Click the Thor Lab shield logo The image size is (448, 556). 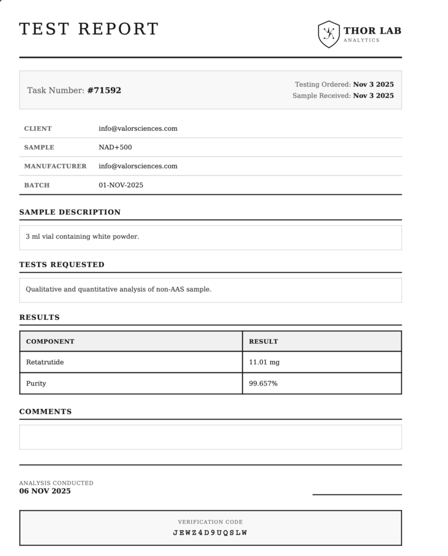pyautogui.click(x=328, y=34)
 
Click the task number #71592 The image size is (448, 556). pyautogui.click(x=104, y=91)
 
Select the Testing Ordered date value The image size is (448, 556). pyautogui.click(x=374, y=85)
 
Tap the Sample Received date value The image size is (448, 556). pyautogui.click(x=374, y=96)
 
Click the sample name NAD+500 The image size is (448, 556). pyautogui.click(x=115, y=147)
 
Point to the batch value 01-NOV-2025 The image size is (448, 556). pyautogui.click(x=121, y=185)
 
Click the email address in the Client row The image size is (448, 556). pyautogui.click(x=138, y=129)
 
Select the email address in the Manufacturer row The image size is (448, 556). pyautogui.click(x=138, y=166)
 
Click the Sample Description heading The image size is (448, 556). pyautogui.click(x=70, y=212)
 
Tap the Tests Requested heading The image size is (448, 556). pyautogui.click(x=61, y=265)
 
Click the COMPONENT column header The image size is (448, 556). pyautogui.click(x=50, y=342)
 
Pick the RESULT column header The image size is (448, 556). pyautogui.click(x=263, y=342)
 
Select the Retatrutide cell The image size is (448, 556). pyautogui.click(x=45, y=362)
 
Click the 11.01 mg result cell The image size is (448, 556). pyautogui.click(x=264, y=362)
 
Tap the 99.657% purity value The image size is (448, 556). pyautogui.click(x=263, y=383)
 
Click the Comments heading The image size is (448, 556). pyautogui.click(x=45, y=412)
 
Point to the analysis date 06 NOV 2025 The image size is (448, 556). pyautogui.click(x=45, y=491)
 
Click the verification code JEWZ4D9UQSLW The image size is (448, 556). pyautogui.click(x=210, y=533)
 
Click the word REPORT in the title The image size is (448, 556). pyautogui.click(x=118, y=29)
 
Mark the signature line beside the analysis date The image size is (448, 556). pyautogui.click(x=357, y=494)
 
